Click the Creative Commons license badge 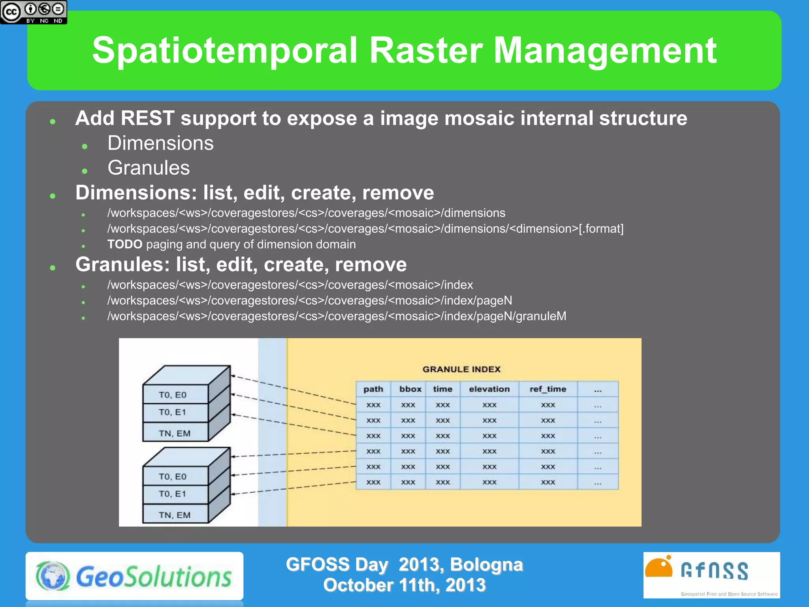tap(34, 12)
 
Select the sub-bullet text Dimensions tap(160, 143)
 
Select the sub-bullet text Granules tap(149, 168)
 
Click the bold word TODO tap(124, 244)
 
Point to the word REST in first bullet tap(147, 118)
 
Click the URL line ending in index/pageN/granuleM tap(337, 316)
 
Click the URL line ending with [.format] tap(365, 229)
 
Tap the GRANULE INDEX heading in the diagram tap(461, 369)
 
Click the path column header tap(373, 389)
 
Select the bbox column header tap(410, 389)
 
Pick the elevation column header tap(489, 389)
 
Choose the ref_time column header tap(548, 389)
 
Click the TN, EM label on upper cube tap(174, 434)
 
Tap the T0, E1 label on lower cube tap(172, 494)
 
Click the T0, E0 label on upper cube tap(172, 395)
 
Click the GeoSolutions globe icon tap(53, 576)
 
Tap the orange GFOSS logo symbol tap(658, 567)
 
